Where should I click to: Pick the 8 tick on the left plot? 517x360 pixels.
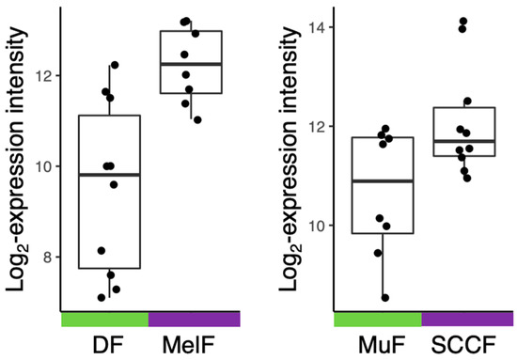49,257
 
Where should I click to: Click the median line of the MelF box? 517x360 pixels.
191,64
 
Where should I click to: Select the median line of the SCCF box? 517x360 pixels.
467,141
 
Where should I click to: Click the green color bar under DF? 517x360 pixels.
104,320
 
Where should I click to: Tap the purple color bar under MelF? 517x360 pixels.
194,320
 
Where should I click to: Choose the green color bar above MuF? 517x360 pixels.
378,320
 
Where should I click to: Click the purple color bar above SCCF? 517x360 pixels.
467,320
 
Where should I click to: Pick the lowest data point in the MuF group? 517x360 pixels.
384,298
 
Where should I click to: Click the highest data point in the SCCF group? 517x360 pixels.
462,22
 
